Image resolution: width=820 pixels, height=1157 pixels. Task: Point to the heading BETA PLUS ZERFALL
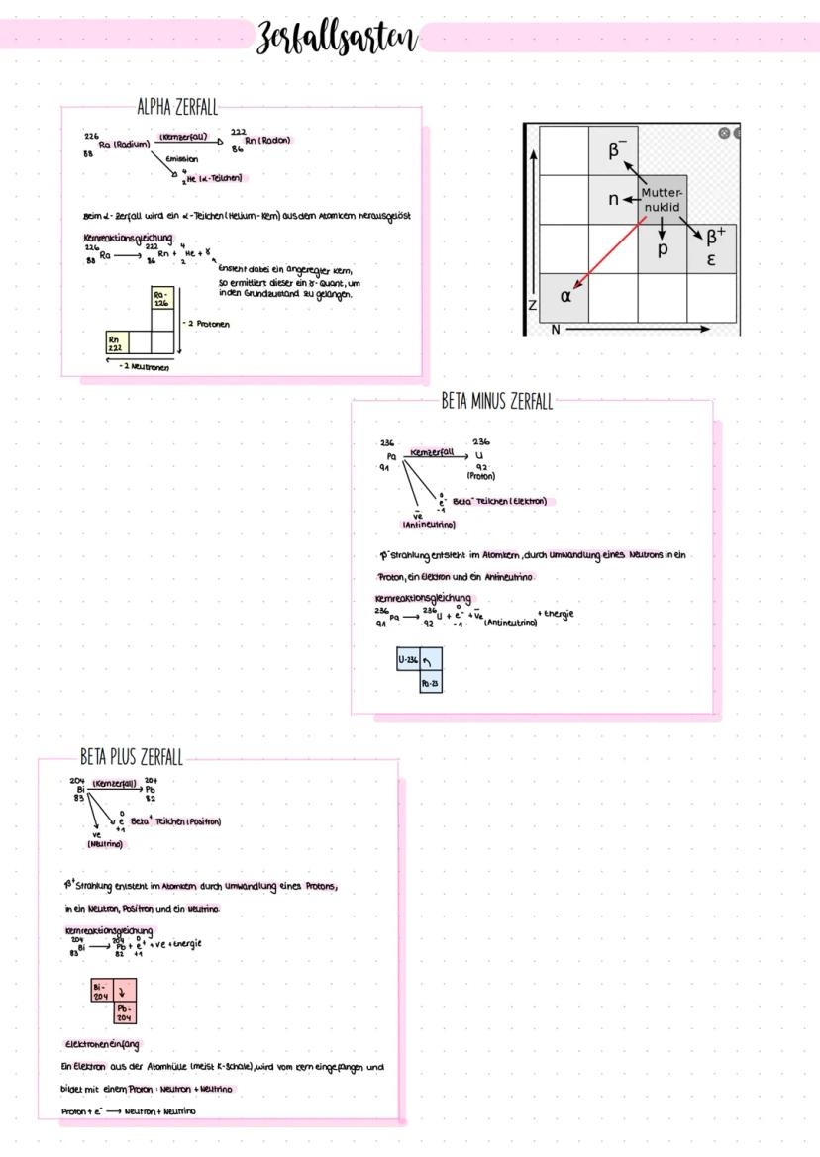[132, 758]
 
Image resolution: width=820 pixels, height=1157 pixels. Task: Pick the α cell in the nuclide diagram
[565, 296]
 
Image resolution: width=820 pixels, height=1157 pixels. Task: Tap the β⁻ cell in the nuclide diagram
[613, 150]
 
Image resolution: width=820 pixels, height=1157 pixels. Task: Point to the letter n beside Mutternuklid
[614, 199]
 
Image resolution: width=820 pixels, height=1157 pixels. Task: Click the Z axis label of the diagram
[532, 306]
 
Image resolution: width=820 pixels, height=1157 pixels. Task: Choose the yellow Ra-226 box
[160, 299]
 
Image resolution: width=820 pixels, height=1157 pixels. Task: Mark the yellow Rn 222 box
[116, 342]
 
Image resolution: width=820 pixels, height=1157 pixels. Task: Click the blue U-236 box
[407, 658]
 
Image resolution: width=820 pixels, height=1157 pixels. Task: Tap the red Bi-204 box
[100, 989]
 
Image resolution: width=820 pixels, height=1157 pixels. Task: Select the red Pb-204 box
[126, 1012]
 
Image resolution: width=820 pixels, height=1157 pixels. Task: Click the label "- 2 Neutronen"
[144, 366]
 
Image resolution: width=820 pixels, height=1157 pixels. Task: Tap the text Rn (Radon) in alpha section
[267, 141]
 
